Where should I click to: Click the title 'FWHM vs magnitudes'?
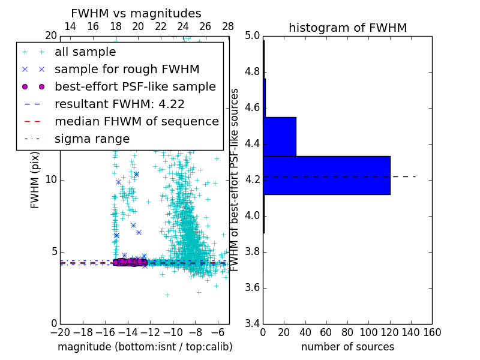click(x=136, y=13)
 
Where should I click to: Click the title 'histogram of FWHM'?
click(x=347, y=28)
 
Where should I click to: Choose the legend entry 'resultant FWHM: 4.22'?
click(x=119, y=104)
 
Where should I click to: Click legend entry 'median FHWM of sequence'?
click(x=136, y=121)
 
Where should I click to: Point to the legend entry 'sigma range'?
click(x=92, y=139)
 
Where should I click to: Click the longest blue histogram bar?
click(x=326, y=175)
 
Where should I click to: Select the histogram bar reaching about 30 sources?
click(x=280, y=136)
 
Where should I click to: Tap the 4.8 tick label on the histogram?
click(x=252, y=72)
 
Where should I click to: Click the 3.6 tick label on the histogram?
click(x=252, y=287)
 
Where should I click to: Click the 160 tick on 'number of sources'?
click(x=432, y=332)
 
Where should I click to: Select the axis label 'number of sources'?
click(x=347, y=347)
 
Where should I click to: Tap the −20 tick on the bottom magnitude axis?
click(x=60, y=332)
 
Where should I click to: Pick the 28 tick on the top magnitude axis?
click(x=228, y=26)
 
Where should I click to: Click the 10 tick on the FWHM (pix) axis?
click(x=50, y=180)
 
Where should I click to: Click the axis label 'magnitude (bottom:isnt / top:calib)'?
click(x=145, y=347)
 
